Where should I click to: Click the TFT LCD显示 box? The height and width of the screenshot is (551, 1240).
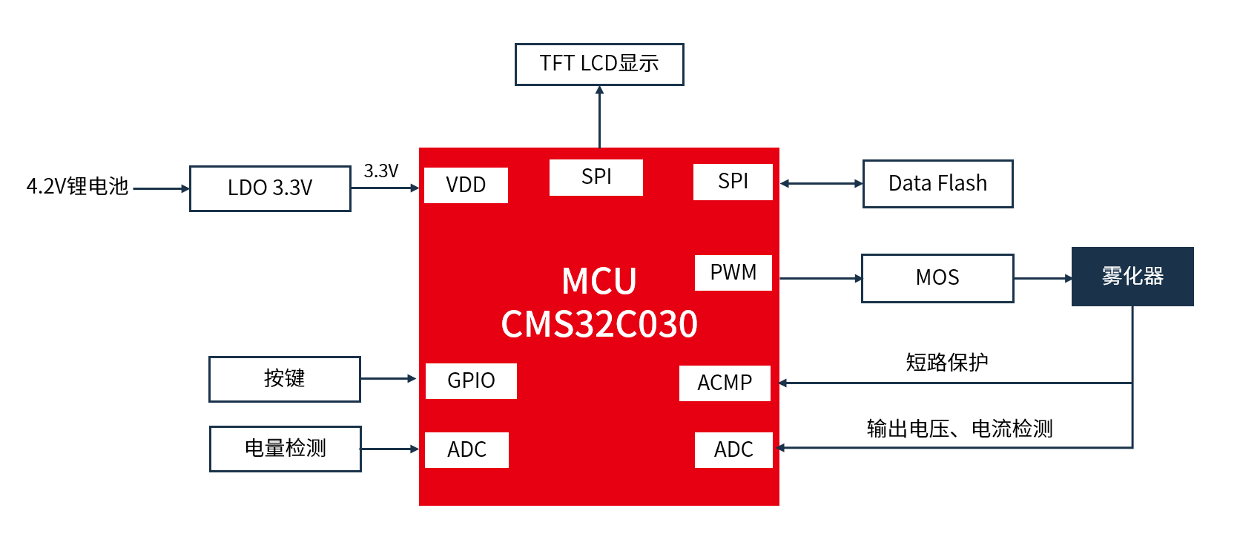(x=599, y=65)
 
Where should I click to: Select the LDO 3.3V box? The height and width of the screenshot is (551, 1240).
(x=270, y=188)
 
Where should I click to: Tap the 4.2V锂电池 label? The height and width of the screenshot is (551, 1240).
(x=77, y=186)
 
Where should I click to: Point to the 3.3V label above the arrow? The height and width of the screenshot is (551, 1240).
(x=381, y=171)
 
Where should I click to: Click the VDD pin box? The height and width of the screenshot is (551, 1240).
(x=466, y=185)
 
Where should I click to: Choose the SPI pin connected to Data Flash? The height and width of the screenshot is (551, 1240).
(x=733, y=182)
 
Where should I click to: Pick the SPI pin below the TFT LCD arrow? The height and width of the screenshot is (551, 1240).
(x=596, y=177)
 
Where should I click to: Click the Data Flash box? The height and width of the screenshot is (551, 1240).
(x=937, y=184)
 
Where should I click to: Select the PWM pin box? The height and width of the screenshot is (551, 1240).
(x=733, y=273)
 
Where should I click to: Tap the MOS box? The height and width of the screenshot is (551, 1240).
(x=937, y=278)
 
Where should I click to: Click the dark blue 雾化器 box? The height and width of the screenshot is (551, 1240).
(x=1132, y=277)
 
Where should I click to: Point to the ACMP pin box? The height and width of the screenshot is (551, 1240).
(x=725, y=383)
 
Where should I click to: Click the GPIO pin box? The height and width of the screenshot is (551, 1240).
(x=471, y=380)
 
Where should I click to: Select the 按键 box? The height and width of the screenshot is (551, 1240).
(x=285, y=379)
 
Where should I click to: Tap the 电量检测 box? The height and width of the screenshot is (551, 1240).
(x=286, y=449)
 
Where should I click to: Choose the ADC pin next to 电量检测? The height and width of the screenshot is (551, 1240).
(x=466, y=449)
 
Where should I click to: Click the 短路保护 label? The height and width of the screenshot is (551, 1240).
(x=946, y=363)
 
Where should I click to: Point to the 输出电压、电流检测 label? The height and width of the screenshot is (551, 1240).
(x=960, y=429)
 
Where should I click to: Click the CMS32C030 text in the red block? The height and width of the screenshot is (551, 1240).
(x=599, y=325)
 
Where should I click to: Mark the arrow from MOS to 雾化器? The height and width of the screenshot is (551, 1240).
(x=1043, y=279)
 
